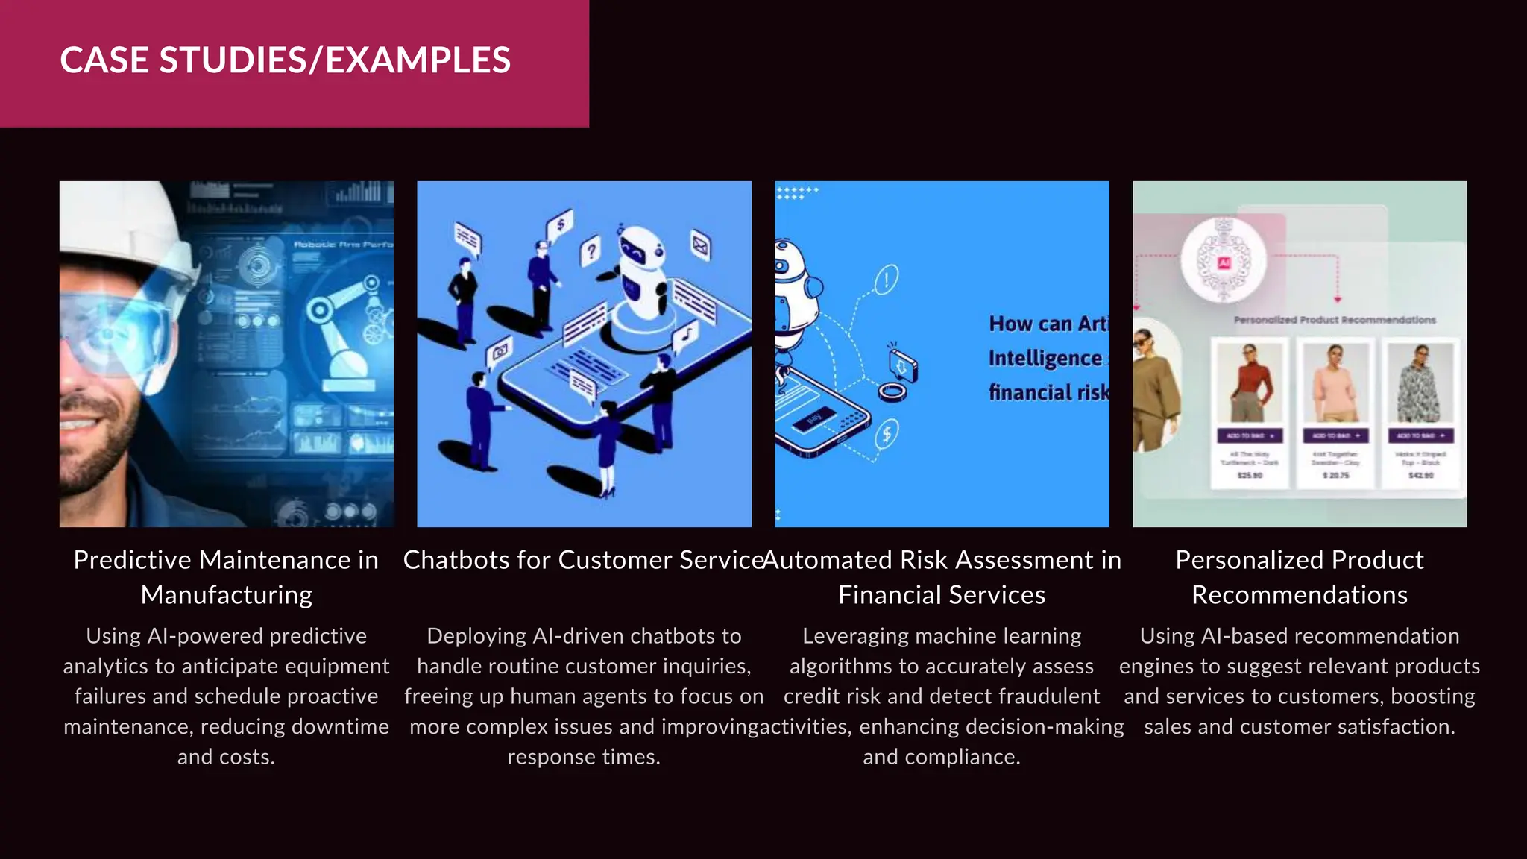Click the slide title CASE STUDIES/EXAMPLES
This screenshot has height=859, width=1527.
tap(285, 60)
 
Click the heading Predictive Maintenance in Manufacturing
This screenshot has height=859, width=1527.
tap(226, 577)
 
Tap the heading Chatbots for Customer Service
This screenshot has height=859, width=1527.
tap(583, 560)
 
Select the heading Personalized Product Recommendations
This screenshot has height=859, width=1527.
tap(1299, 577)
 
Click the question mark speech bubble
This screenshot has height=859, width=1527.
tap(591, 251)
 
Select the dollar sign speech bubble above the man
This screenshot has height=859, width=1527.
tap(560, 223)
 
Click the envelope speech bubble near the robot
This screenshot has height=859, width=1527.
tap(700, 245)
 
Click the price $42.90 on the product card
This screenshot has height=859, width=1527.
tap(1421, 475)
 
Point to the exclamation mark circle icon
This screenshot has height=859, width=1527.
tap(886, 280)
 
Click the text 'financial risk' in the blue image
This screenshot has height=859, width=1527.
tap(1048, 392)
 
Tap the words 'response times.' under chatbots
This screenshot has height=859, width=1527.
tap(584, 757)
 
